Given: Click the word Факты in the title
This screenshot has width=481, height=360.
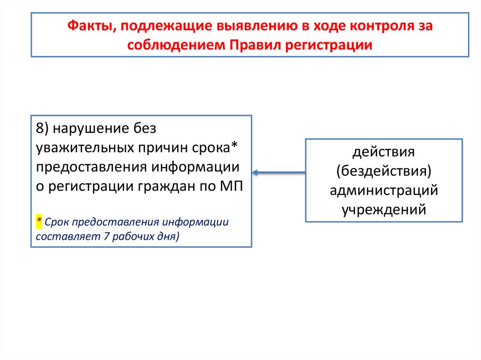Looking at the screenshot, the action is (x=88, y=27).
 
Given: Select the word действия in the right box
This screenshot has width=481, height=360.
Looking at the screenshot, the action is (x=384, y=153).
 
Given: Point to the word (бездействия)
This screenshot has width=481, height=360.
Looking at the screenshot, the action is (x=384, y=171).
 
